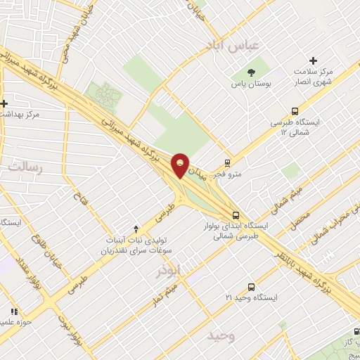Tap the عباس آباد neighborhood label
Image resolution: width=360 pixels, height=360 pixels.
(233, 45)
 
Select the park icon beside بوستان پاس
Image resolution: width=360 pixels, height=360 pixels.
(251, 72)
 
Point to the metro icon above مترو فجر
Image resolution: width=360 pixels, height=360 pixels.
(227, 162)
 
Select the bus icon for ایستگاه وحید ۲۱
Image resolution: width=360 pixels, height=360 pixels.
(252, 286)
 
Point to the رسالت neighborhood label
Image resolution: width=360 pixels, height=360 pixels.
(25, 167)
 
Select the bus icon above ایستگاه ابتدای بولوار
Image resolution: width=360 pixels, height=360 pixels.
(235, 214)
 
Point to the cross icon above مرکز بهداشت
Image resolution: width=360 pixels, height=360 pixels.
(4, 103)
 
